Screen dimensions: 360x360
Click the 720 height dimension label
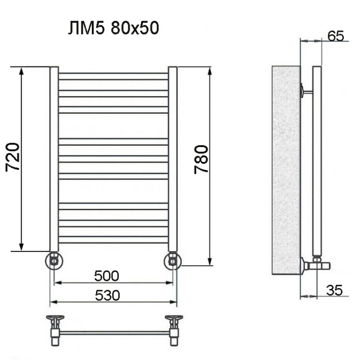click(13, 158)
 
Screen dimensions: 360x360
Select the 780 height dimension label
click(202, 159)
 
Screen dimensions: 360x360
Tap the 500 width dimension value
click(107, 276)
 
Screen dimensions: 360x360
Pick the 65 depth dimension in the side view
click(336, 36)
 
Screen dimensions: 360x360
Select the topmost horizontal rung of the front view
click(113, 75)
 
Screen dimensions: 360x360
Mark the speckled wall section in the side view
click(285, 168)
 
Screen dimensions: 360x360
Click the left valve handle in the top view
click(55, 319)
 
